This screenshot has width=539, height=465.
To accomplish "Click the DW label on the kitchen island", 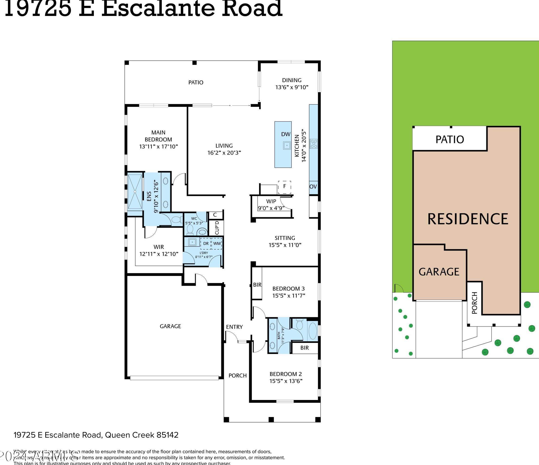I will point(286,134).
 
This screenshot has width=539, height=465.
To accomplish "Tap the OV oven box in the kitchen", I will point(313,187).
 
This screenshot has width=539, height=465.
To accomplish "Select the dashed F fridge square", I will point(284,187).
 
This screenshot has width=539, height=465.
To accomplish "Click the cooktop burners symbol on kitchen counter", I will point(314,144).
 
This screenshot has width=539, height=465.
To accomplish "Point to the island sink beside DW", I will point(287,145).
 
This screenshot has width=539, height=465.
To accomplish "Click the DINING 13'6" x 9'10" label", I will point(292,84).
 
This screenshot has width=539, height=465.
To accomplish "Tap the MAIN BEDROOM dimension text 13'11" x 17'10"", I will point(159,146).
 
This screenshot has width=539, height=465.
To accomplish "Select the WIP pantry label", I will point(271,201).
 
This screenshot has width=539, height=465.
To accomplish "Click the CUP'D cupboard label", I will point(217,228).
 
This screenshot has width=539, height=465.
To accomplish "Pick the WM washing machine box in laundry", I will point(217,244).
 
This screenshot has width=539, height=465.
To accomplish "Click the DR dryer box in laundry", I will point(206,244).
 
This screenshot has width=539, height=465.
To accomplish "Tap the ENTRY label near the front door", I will point(234,327).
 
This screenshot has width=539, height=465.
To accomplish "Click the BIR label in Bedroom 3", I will point(257,285).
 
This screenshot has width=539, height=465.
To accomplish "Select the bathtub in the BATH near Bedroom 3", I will point(312,332).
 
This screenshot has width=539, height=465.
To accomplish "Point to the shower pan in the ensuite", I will point(135,192).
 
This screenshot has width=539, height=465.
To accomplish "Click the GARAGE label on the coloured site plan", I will point(439,272).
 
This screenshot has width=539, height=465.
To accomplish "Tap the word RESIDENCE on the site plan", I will point(467,219).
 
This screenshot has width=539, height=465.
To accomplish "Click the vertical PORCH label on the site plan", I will point(474,303).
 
